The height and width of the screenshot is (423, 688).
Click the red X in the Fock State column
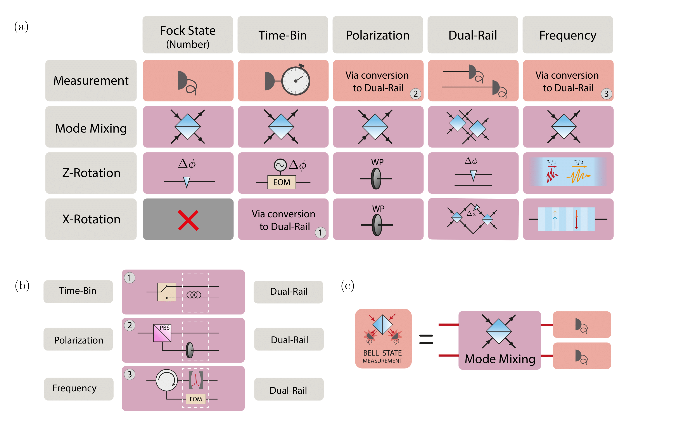[x=188, y=220]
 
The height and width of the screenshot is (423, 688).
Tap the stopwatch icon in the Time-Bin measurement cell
[x=296, y=81]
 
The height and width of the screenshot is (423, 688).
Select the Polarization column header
[x=377, y=35]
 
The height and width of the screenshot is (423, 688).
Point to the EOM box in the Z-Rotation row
[x=282, y=182]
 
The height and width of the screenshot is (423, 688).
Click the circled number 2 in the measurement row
[x=415, y=94]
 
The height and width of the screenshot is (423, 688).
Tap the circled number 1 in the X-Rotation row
[x=320, y=233]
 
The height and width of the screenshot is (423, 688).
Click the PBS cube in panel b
[x=162, y=333]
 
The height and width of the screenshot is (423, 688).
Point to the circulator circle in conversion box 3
[x=166, y=380]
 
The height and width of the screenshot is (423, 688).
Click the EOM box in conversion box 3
[x=195, y=399]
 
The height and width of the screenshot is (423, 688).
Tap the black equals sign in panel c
[x=426, y=339]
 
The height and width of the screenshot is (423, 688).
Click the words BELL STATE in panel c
[x=382, y=353]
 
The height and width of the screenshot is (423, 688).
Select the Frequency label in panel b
[x=75, y=388]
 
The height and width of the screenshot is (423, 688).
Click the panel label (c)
[x=347, y=286]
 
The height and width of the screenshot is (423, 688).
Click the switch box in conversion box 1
[x=166, y=292]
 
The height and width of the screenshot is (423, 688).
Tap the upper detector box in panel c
[x=582, y=325]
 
